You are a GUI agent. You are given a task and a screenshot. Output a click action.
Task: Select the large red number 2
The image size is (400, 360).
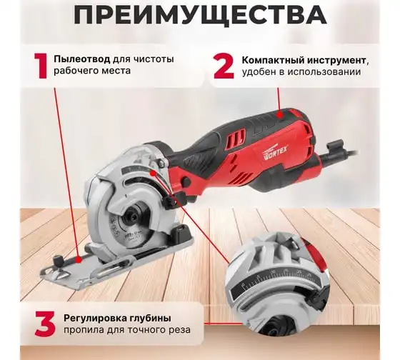[224, 66]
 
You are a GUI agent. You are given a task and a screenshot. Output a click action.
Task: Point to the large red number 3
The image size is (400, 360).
[45, 324]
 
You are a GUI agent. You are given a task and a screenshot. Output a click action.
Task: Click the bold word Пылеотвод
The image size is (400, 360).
[82, 59]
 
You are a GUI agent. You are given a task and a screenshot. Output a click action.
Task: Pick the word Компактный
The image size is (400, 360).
[273, 61]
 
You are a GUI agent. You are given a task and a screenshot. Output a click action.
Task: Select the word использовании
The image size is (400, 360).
[324, 72]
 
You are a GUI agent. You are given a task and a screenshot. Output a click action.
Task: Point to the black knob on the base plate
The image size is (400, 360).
[59, 261]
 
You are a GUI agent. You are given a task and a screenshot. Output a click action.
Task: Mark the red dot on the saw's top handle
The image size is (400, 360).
[281, 115]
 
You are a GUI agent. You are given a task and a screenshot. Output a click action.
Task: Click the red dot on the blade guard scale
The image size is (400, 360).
[153, 174]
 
